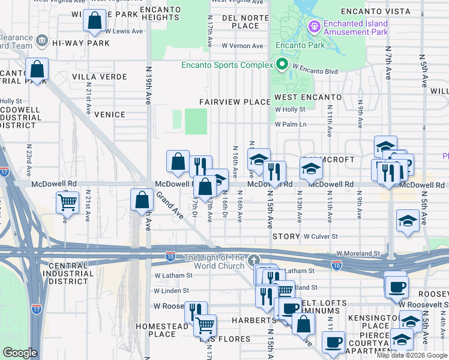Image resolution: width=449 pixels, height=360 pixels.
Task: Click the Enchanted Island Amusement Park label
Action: [356, 28]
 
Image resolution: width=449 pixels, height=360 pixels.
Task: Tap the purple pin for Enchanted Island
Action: [313, 27]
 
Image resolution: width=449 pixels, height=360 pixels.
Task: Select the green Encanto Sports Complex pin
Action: [280, 65]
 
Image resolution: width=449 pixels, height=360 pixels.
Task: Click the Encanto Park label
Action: [300, 45]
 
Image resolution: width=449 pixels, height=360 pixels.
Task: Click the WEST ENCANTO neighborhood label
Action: [308, 97]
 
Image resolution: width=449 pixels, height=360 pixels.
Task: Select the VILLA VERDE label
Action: [100, 77]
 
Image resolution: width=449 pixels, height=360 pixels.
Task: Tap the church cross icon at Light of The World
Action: [255, 260]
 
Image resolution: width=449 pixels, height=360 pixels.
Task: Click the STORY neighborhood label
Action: [286, 237]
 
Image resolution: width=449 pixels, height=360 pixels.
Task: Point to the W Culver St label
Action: [321, 237]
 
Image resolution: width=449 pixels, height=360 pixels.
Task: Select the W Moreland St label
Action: [358, 254]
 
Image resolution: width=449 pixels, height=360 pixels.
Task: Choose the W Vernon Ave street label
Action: [241, 45]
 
